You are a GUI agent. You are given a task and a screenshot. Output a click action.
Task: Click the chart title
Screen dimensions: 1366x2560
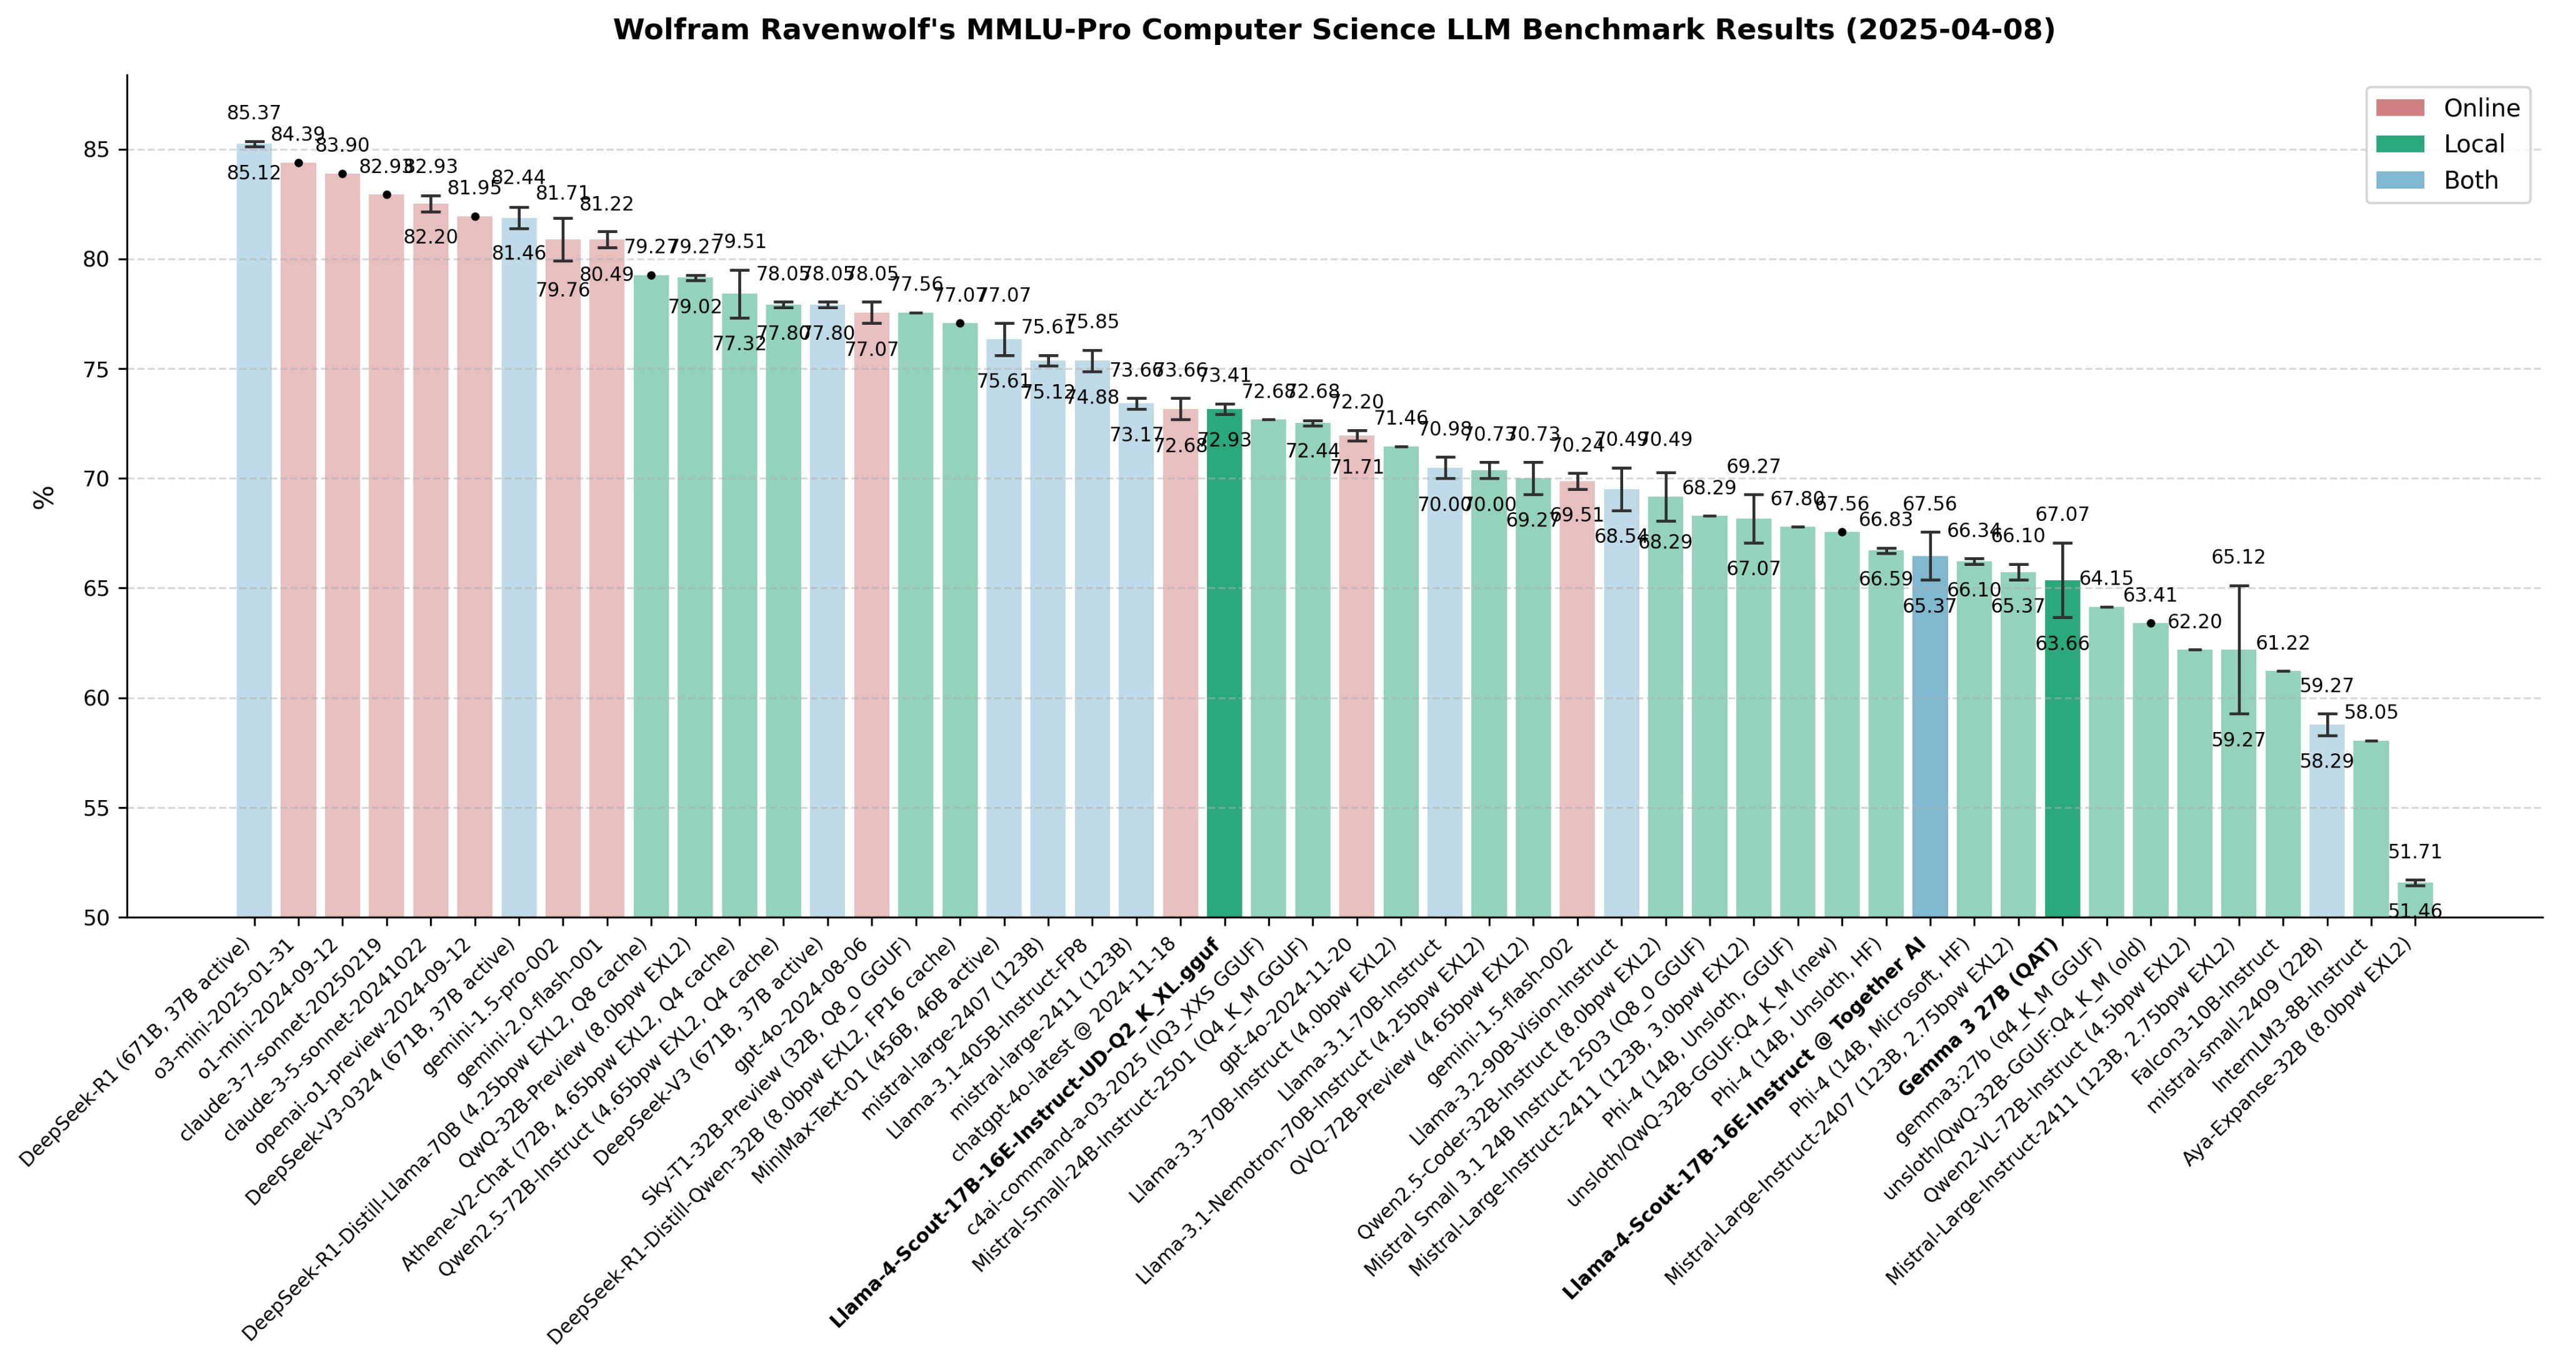(1334, 30)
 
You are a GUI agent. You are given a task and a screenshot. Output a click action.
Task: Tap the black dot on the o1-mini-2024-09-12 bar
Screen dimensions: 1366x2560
(343, 174)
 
